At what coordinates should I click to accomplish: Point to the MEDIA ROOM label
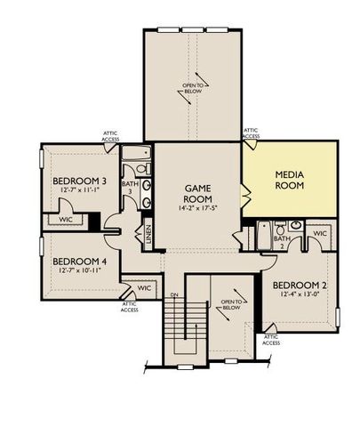point(290,181)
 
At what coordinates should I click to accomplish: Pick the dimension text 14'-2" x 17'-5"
point(196,209)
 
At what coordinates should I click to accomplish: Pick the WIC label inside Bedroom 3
point(65,219)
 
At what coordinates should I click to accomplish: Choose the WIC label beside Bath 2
point(320,233)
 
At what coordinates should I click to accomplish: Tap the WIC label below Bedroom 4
point(145,288)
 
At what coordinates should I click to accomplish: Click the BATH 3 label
point(129,187)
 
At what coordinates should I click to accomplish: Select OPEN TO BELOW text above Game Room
point(194,87)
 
